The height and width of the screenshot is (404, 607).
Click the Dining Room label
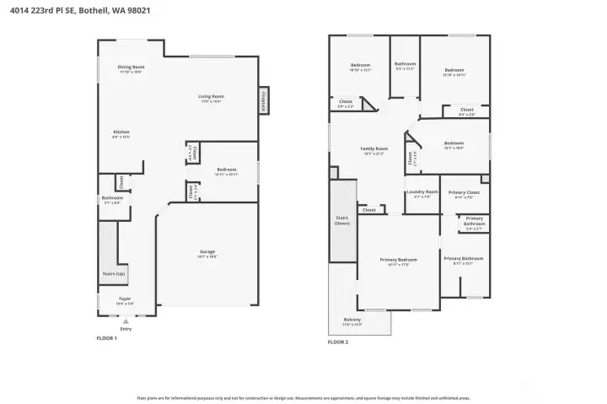131,67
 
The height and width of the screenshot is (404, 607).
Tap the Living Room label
211,98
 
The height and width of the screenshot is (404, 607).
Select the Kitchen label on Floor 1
121,133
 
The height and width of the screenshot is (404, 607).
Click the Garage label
207,253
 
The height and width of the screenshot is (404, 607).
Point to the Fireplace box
263,99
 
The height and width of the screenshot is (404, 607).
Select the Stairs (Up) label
114,275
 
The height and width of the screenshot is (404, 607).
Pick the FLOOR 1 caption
107,337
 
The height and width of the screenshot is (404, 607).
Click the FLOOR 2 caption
338,342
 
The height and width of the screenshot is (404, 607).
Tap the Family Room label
373,150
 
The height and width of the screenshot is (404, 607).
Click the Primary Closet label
464,194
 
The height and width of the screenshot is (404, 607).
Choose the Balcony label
352,321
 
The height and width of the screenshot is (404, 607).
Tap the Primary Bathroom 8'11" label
464,260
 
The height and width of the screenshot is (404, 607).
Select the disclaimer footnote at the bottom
303,397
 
